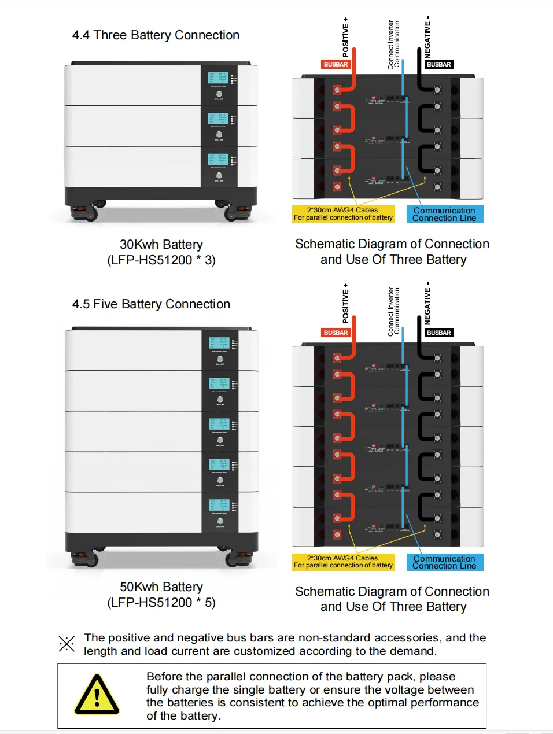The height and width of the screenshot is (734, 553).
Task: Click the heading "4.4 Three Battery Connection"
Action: tap(156, 35)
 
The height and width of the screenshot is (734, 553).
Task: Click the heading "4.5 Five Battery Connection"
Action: tap(151, 304)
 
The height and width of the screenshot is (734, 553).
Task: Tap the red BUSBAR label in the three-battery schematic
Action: tap(336, 64)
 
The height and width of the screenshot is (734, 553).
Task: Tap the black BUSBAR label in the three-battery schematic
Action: tap(438, 64)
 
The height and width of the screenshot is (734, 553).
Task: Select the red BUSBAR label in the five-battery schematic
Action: tap(336, 333)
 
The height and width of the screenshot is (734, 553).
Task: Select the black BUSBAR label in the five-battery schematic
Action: tap(438, 333)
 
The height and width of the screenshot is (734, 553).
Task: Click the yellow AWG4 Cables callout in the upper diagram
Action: tap(343, 214)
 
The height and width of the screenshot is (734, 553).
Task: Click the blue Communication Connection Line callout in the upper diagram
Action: tap(444, 215)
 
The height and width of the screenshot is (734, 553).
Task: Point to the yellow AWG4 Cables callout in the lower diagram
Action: tap(343, 562)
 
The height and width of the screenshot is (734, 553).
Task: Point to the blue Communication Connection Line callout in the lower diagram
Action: tap(444, 562)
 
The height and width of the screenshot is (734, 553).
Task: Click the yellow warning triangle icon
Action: tap(97, 695)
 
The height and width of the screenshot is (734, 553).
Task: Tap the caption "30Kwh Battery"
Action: tap(161, 245)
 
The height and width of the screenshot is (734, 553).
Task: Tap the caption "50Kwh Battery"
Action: tap(161, 587)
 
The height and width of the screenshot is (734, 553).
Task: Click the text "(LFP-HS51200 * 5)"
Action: tap(161, 603)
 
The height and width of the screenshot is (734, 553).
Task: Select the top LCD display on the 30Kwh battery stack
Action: tap(218, 78)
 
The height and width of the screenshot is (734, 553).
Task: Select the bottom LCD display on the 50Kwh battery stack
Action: tap(219, 504)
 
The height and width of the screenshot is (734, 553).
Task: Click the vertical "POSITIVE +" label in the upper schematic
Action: tap(346, 37)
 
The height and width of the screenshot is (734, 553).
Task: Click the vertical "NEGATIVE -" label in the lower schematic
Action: tap(427, 303)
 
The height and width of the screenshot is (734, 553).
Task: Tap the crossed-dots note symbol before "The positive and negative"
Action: tap(67, 644)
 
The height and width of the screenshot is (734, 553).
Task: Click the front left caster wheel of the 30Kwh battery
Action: tap(90, 213)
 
